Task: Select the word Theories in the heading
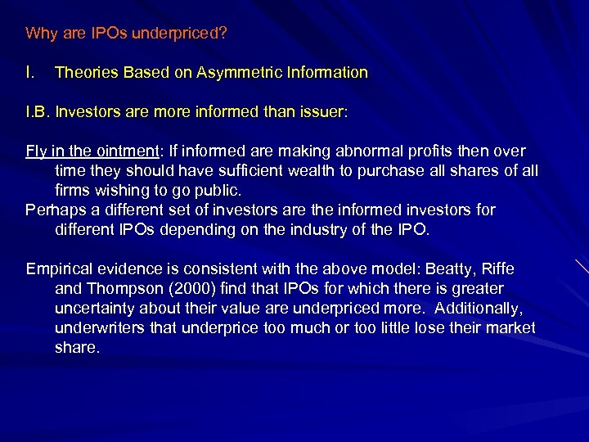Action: [x=85, y=73]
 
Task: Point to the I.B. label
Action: [x=38, y=112]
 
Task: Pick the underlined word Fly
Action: [x=37, y=151]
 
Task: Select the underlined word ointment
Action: [x=123, y=151]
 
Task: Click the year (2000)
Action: [x=194, y=288]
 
